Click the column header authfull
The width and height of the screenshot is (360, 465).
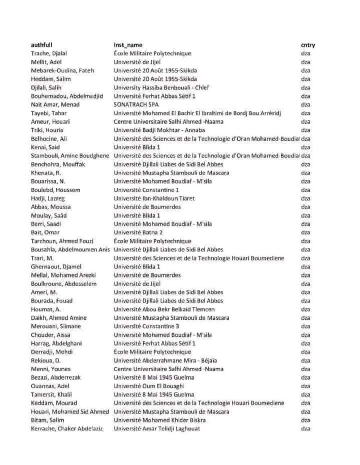(x=42, y=45)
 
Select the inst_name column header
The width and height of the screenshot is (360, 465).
(x=128, y=45)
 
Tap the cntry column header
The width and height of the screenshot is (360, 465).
(x=308, y=45)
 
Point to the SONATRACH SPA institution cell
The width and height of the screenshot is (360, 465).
(x=135, y=104)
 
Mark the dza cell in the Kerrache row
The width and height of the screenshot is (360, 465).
(x=305, y=429)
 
